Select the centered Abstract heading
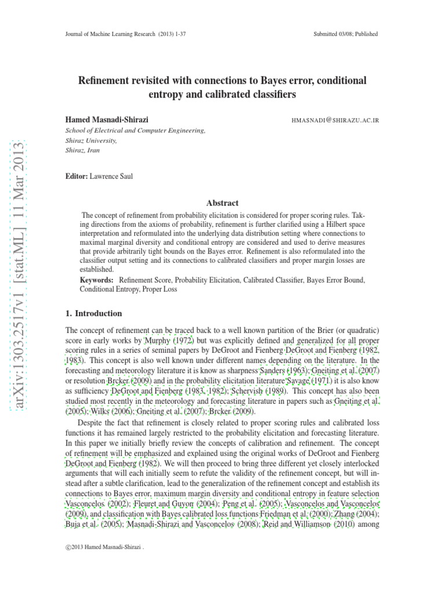click(222, 203)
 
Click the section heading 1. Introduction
click(94, 313)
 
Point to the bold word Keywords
click(96, 280)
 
